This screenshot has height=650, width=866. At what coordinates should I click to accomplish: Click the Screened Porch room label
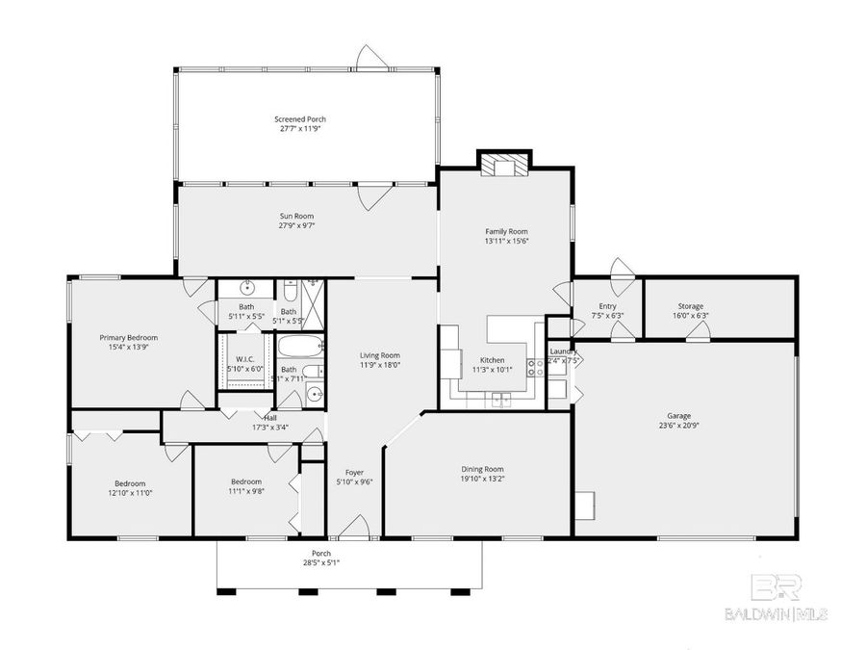point(299,119)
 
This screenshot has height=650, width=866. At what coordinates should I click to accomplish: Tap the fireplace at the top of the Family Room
point(505,165)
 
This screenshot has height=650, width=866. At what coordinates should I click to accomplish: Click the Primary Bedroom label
point(129,338)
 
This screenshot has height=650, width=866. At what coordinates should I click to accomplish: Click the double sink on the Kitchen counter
point(501,398)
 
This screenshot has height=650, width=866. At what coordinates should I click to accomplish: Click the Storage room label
point(690,306)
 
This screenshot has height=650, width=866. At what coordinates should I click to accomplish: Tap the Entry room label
point(607,306)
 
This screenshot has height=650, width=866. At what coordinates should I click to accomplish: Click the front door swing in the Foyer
point(355,526)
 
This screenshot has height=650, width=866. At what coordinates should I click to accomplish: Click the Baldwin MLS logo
point(776,597)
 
